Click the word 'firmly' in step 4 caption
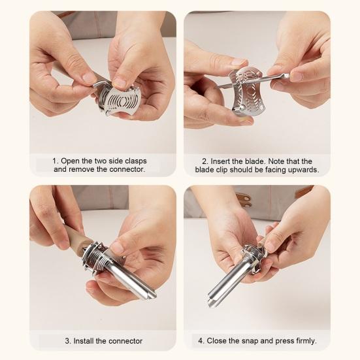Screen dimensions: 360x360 (303, 340)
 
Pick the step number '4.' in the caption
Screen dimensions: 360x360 (201, 340)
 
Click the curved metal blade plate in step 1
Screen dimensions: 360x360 (121, 101)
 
